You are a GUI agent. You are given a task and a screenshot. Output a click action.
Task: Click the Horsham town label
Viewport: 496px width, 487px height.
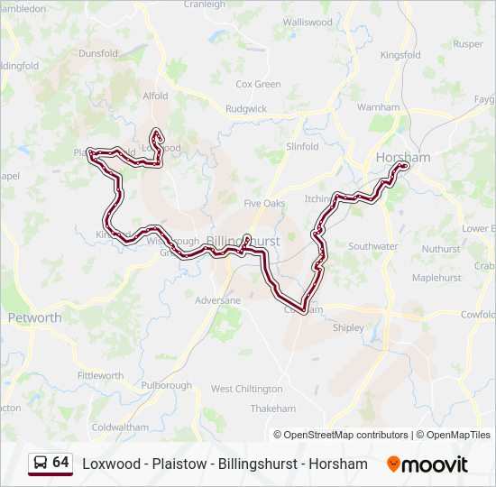point(403,157)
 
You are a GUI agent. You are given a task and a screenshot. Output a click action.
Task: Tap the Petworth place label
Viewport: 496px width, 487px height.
point(34,317)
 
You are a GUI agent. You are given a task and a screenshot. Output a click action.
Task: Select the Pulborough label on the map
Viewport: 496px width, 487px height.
point(167,385)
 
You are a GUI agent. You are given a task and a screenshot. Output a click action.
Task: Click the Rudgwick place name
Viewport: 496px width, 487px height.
point(246,108)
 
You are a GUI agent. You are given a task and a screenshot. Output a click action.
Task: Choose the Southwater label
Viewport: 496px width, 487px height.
point(372,246)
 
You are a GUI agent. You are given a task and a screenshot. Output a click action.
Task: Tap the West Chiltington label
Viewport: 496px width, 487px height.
point(246,389)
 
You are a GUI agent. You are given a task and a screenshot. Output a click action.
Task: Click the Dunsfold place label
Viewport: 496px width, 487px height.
point(98,53)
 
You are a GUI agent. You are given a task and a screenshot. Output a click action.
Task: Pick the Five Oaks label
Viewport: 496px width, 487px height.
point(264,203)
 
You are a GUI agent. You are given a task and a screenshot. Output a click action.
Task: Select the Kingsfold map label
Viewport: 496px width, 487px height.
point(400,55)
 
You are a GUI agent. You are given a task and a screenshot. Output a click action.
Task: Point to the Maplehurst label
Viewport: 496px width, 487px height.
point(436,278)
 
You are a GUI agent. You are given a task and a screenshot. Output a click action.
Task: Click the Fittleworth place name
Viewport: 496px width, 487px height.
point(100,375)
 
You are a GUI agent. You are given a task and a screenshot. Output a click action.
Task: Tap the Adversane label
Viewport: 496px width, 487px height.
point(218,299)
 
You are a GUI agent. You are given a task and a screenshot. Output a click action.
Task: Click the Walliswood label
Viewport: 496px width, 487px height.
point(308,22)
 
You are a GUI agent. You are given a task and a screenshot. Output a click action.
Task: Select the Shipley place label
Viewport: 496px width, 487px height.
point(348,328)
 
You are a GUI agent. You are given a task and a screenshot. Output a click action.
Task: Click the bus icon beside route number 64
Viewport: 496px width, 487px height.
point(41,464)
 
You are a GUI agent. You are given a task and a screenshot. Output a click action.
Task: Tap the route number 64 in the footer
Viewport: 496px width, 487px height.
point(60,463)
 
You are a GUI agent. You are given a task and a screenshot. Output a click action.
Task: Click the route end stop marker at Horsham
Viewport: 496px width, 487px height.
point(405,166)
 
